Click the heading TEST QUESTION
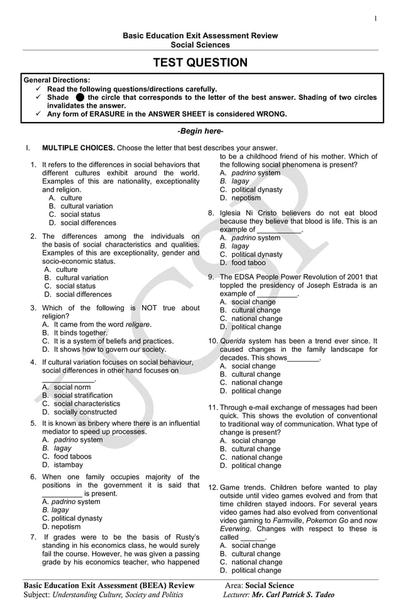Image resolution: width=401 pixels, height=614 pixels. tap(200, 62)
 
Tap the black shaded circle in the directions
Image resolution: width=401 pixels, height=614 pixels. tap(79, 98)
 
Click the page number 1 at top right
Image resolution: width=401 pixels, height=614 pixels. tap(376, 18)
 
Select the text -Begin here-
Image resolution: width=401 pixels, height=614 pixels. tap(200, 131)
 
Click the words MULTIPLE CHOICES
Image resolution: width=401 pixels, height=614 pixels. tap(78, 148)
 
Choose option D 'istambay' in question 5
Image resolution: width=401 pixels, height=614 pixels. tap(68, 465)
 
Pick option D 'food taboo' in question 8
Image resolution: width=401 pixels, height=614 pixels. tap(248, 262)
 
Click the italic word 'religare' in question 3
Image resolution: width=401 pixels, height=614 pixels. tap(138, 324)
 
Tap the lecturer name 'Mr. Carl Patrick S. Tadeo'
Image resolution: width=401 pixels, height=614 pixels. tap(294, 595)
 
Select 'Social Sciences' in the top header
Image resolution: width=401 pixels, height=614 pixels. tap(200, 45)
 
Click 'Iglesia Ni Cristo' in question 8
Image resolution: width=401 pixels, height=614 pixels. tap(249, 213)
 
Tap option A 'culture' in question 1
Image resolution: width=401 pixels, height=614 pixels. tap(71, 198)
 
